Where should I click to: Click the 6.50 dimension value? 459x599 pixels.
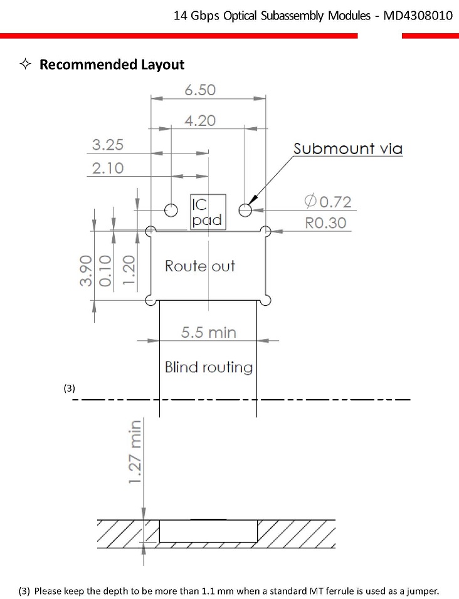coord(200,90)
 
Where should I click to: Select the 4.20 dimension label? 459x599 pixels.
coord(200,121)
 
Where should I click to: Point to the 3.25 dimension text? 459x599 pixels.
coord(108,145)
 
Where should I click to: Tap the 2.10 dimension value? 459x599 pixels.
coord(108,168)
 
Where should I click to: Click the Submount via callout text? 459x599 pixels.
coord(348,148)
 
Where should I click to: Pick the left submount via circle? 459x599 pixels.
coord(171,210)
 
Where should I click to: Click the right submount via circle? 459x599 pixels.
coord(245,210)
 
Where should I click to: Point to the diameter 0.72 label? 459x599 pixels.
coord(328,201)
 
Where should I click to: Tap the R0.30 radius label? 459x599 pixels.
coord(325,222)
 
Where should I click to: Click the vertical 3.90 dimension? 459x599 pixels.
coord(87,271)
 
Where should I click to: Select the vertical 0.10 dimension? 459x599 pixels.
coord(105,271)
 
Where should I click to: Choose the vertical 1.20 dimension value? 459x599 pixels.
coord(129,269)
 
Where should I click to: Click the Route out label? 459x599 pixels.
coord(200,266)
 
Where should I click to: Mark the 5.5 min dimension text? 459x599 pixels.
coord(209,332)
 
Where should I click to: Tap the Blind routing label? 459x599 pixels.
coord(209,367)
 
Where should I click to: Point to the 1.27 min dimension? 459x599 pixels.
coord(135,452)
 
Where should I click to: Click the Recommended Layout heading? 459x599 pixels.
coord(112,64)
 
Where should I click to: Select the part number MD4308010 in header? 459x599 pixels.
coord(418,16)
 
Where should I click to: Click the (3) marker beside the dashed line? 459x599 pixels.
coord(69,388)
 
